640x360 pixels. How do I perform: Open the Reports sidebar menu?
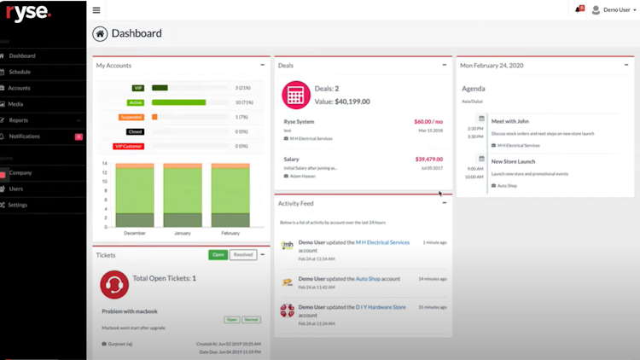[x=19, y=120]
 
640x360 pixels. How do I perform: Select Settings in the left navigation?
[x=18, y=205]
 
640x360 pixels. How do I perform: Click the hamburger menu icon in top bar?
[x=96, y=10]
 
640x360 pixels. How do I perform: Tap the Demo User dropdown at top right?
[x=613, y=10]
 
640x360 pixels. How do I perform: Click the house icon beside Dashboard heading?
[x=101, y=34]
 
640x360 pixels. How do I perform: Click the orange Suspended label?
[x=131, y=117]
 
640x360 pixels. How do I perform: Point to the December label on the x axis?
[x=135, y=232]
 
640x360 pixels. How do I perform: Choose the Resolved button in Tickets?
[x=243, y=255]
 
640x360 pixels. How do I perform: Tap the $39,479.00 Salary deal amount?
[x=429, y=159]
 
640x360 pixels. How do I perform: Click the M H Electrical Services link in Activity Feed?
[x=382, y=242]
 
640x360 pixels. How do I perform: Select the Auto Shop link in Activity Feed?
[x=368, y=279]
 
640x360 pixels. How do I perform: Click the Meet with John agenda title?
[x=510, y=121]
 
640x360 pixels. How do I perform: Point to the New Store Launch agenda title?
[x=513, y=160]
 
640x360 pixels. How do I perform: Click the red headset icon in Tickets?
[x=114, y=284]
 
